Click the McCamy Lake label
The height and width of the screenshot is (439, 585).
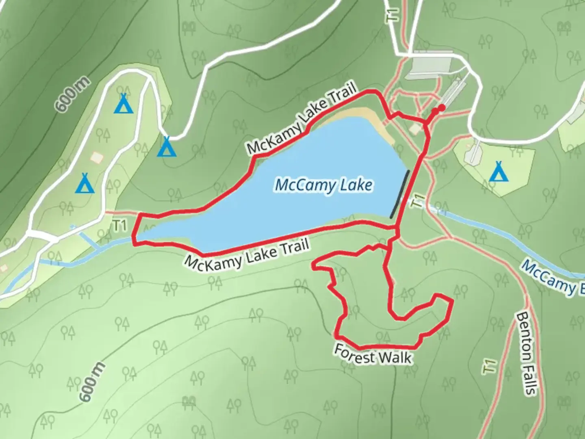[x=323, y=186]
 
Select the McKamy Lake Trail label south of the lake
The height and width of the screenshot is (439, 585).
[x=247, y=254]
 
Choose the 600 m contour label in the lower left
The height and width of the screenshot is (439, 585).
[x=92, y=382]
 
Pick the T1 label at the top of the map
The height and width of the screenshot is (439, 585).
[x=392, y=16]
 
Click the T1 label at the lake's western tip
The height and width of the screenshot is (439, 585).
[x=120, y=226]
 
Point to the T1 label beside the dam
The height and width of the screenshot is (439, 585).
[x=418, y=201]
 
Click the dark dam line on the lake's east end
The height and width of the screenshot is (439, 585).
[x=400, y=194]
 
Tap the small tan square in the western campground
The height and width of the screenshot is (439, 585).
[x=97, y=156]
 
